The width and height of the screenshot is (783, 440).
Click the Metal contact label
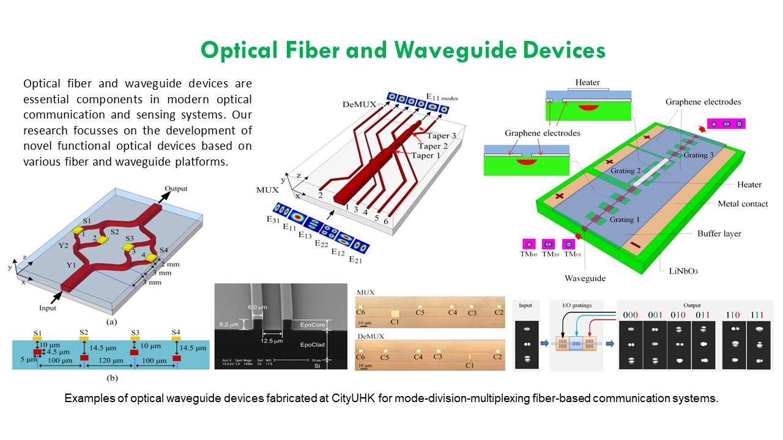pos(743,204)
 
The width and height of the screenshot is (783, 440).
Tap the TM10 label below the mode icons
pos(550,254)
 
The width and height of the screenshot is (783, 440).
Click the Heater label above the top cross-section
pos(587,82)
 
